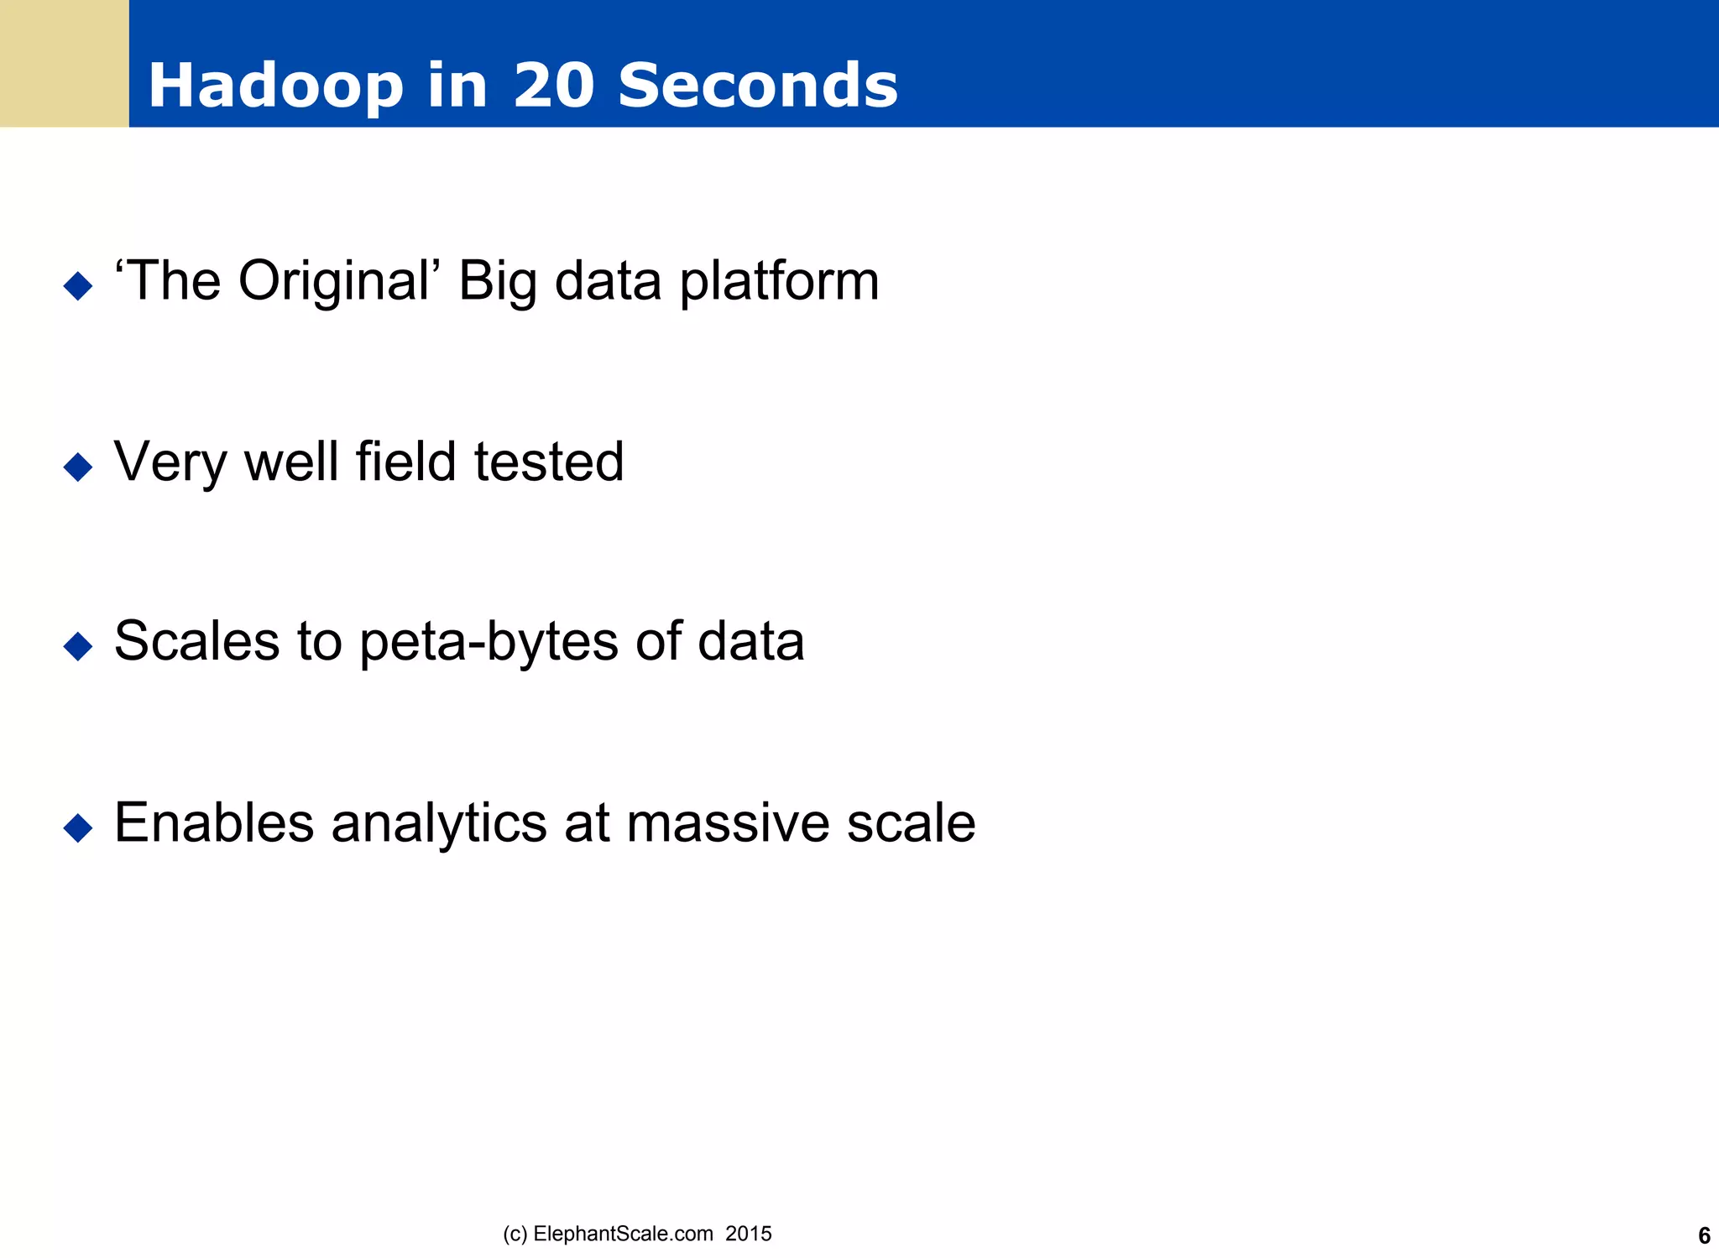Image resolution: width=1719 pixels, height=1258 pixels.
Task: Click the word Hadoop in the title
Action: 275,86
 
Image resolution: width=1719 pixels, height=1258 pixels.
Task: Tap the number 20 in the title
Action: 554,86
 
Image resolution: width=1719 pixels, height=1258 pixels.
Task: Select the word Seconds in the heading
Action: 757,86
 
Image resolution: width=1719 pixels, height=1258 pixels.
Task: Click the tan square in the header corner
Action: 64,63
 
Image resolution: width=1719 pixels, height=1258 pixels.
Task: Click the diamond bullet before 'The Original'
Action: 78,285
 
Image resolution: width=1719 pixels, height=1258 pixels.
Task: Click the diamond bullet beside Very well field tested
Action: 78,467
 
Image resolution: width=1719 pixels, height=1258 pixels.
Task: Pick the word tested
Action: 549,462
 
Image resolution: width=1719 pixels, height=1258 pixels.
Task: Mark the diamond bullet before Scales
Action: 78,646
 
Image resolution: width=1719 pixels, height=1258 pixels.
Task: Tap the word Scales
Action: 196,641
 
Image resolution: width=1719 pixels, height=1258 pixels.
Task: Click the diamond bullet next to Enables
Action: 78,827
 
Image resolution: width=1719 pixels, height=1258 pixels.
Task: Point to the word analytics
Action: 439,824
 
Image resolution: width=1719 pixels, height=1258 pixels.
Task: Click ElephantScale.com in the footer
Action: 623,1234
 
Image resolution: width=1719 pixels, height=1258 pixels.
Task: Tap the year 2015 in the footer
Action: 749,1234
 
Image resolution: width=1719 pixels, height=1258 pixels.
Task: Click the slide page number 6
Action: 1704,1236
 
